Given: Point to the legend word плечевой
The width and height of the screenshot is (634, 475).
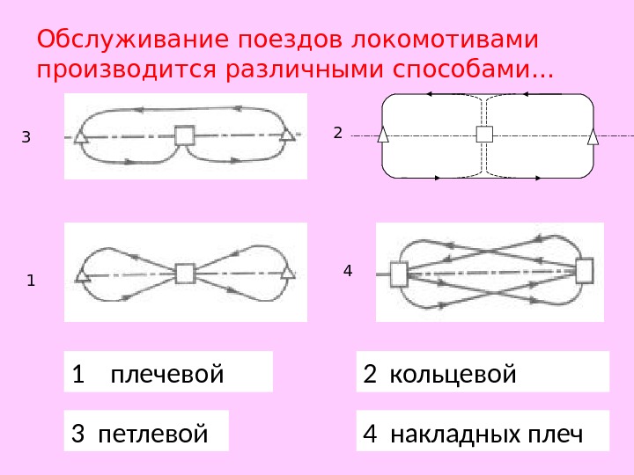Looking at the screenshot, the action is (167, 376).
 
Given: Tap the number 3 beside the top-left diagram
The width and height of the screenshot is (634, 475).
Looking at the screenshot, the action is (26, 137).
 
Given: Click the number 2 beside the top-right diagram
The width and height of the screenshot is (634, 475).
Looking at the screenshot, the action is (336, 133).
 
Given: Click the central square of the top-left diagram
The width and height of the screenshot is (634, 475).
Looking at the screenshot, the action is (184, 135).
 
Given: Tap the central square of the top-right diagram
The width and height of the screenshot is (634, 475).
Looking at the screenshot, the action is (484, 134).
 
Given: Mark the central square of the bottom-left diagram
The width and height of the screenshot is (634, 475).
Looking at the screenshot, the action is (184, 274).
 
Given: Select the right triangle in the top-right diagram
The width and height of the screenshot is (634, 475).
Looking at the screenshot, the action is (593, 135).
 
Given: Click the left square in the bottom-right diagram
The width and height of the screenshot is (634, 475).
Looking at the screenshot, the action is (399, 274).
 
